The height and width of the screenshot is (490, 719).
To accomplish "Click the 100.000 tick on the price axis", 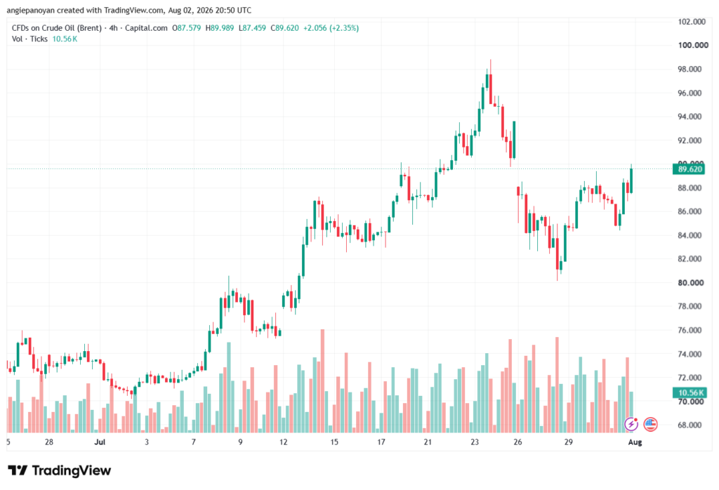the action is point(693,45).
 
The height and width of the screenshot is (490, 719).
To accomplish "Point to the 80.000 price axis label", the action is point(691,282).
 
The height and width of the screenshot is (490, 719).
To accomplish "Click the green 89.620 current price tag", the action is point(690,169).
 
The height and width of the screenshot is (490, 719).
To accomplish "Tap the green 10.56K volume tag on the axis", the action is point(690,392).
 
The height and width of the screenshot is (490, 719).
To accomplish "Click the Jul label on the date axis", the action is point(100,442).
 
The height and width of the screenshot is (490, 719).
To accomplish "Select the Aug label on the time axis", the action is point(635,442).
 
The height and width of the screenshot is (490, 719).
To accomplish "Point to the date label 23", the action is point(475,442).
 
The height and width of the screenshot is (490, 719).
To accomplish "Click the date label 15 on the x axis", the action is point(334,442).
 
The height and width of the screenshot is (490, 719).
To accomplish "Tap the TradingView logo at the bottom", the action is point(60,470).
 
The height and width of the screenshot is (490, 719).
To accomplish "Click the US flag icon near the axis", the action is point(650,424).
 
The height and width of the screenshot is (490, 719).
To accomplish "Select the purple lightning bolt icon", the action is point(631,424).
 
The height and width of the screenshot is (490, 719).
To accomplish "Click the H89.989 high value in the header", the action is point(220,28).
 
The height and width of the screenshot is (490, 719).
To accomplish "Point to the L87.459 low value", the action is point(252,28).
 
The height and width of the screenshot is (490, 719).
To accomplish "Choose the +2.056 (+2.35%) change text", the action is point(331,28).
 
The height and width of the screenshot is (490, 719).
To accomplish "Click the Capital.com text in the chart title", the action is point(146,28).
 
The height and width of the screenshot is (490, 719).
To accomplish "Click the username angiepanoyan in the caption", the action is point(30,10).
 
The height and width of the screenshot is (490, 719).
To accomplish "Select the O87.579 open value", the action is point(187,28).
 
